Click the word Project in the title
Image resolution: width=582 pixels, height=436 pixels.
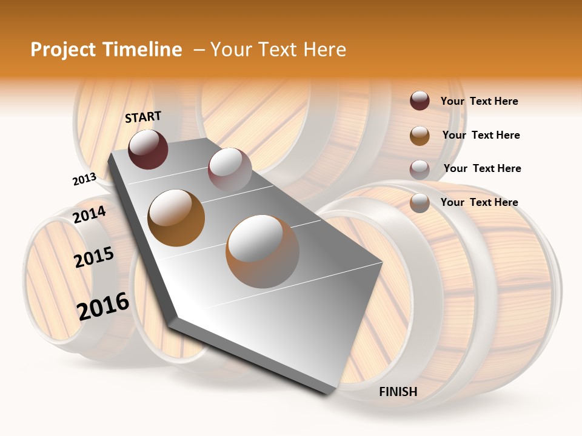62,50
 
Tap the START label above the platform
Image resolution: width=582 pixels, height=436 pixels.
143,117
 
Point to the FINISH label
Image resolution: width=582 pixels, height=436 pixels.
398,392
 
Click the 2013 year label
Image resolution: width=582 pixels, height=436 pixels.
84,179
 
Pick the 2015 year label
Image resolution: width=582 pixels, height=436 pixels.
94,257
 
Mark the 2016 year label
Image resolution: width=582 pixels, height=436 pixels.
103,305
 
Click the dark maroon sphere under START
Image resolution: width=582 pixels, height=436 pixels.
148,149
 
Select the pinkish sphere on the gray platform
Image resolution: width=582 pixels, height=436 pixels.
229,169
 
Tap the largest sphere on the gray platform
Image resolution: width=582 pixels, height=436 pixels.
263,251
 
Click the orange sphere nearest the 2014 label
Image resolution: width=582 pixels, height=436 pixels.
176,217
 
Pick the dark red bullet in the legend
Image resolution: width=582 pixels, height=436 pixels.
420,101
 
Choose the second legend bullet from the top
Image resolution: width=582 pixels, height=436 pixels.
420,136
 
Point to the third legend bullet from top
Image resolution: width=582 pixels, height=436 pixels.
420,170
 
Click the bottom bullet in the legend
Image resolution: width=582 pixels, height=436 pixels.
420,203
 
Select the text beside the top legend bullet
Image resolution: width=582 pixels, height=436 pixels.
480,101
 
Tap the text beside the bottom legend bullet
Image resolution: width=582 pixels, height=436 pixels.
480,202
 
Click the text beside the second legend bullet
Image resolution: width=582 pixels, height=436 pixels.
481,135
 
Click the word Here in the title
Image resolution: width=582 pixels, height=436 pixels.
324,50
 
